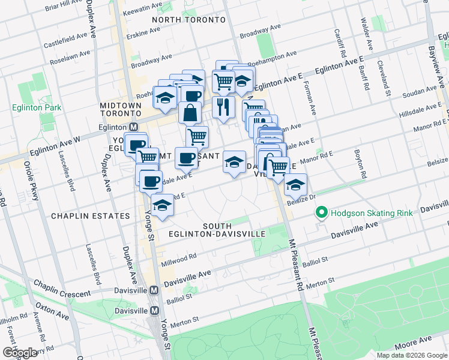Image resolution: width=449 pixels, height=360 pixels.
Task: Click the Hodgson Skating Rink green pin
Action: click(x=322, y=213)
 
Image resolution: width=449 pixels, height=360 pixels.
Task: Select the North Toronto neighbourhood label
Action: click(x=188, y=20)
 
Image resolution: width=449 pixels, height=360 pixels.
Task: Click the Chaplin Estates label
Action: click(x=90, y=215)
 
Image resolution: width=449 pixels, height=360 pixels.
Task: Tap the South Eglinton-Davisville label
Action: click(x=234, y=230)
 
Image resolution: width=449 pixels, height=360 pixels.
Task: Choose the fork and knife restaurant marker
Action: click(x=223, y=107)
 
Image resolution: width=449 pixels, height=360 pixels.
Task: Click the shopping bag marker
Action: click(x=190, y=112)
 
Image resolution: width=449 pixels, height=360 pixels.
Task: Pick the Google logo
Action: click(x=20, y=353)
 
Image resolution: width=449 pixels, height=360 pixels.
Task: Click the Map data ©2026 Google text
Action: click(x=411, y=355)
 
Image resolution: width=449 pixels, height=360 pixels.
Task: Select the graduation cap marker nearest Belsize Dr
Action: click(x=295, y=185)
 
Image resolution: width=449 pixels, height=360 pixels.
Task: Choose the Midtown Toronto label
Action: click(x=120, y=109)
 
